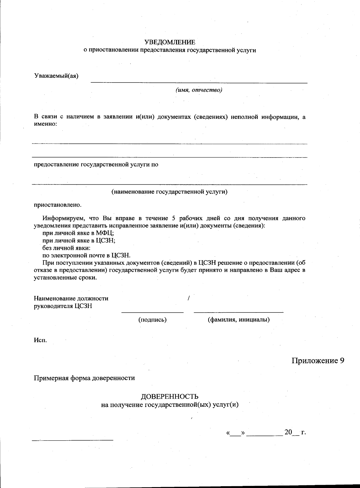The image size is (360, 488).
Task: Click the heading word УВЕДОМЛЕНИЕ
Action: tap(169, 42)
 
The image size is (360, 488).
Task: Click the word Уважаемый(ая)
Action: tap(56, 76)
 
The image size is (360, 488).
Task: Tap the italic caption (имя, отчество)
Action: tap(199, 90)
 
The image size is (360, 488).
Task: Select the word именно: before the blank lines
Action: tap(45, 124)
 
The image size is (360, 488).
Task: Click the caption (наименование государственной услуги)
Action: tap(169, 192)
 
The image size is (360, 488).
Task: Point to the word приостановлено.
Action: tap(57, 205)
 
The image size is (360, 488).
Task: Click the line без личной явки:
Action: tap(66, 248)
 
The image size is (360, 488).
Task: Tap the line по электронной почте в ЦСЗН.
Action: tap(86, 256)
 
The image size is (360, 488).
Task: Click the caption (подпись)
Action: tap(152, 320)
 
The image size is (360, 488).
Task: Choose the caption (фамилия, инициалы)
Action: tap(239, 320)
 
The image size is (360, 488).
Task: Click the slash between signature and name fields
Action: tap(188, 298)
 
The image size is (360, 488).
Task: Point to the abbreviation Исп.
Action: tap(40, 340)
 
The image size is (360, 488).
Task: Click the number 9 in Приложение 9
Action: tap(342, 361)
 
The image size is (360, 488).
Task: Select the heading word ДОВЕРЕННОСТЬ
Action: tap(169, 397)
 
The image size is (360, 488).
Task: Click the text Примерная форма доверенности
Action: tap(84, 378)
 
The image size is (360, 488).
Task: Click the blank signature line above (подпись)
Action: tap(152, 312)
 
